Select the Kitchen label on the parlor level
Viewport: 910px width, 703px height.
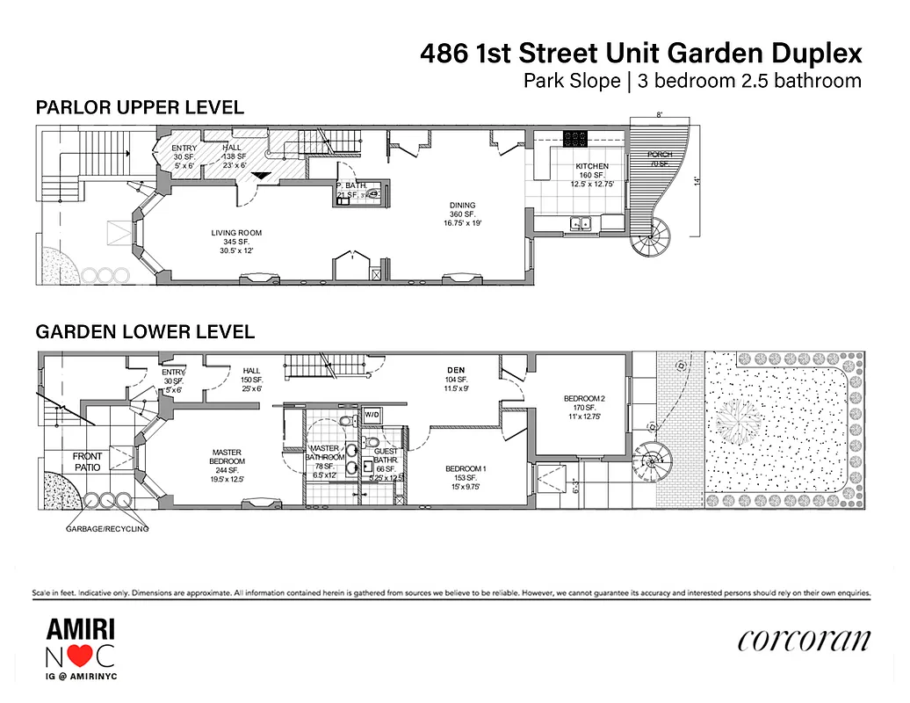pos(591,166)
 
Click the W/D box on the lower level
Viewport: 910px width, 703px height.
pos(372,414)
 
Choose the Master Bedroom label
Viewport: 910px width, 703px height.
pos(227,461)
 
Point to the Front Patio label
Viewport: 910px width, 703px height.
pos(88,462)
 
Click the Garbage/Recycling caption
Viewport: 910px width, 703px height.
pos(107,529)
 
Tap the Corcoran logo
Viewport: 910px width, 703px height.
pos(805,641)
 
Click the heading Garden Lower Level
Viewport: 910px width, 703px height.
pos(145,332)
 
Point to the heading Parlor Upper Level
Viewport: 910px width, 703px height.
pos(140,108)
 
